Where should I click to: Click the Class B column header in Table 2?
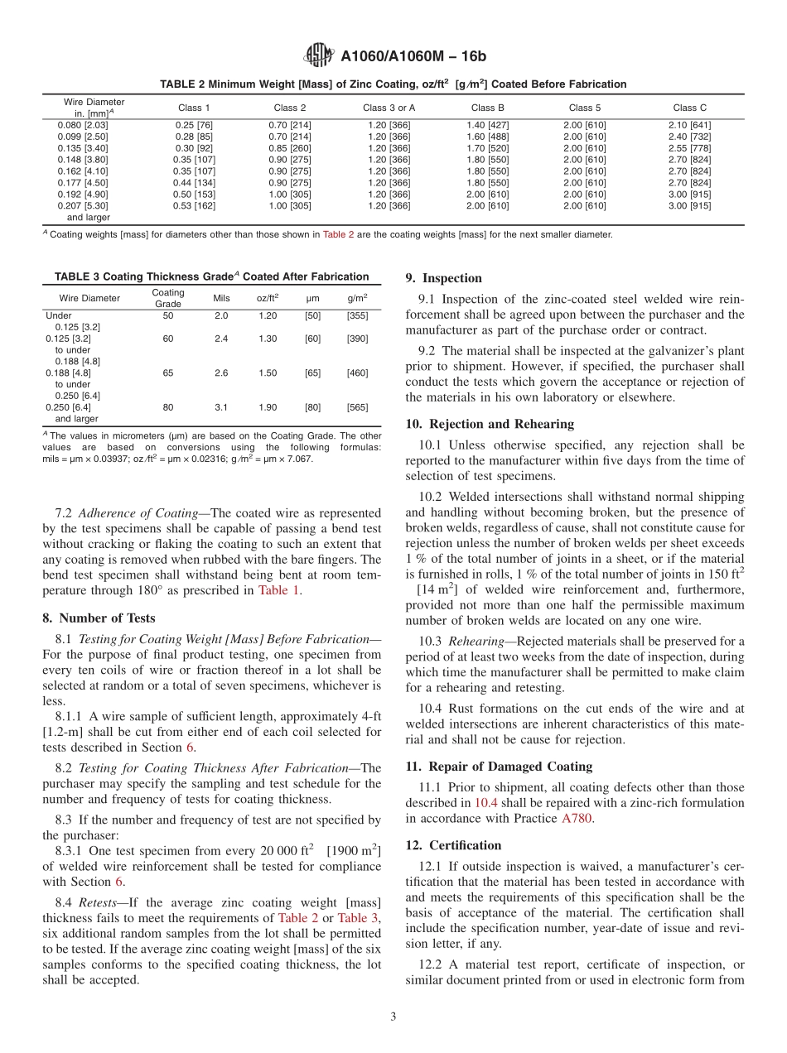488,108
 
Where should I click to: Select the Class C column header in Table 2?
689,108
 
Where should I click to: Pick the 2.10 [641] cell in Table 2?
689,125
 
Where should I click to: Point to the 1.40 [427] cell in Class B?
488,125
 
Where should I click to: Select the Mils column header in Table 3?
221,298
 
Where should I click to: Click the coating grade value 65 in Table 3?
168,373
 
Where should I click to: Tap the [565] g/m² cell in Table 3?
357,407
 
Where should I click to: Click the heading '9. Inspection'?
443,278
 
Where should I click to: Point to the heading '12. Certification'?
453,845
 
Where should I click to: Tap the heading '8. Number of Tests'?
99,618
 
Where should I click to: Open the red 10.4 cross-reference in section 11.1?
485,803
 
